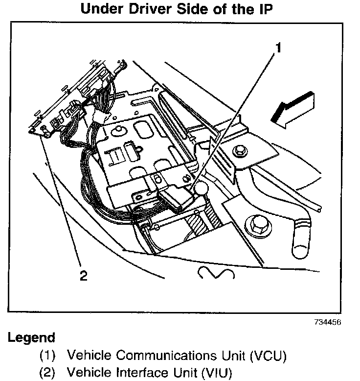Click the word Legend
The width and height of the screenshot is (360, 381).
(x=31, y=338)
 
